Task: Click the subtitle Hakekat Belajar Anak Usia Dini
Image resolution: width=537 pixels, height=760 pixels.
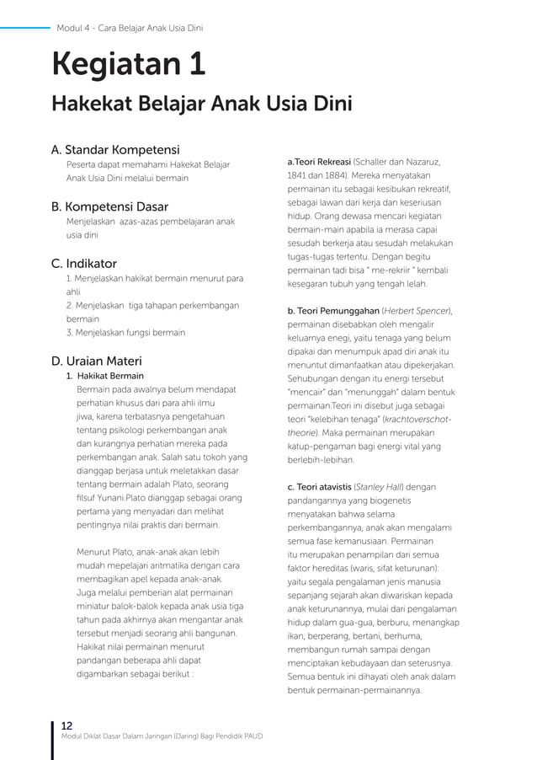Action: (201, 104)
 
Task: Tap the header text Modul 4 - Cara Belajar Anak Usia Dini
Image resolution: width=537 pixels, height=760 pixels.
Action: (130, 28)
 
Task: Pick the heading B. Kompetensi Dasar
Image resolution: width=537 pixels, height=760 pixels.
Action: (109, 206)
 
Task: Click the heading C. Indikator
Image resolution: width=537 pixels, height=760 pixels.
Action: (84, 264)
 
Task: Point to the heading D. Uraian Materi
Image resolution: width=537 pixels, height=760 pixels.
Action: (97, 361)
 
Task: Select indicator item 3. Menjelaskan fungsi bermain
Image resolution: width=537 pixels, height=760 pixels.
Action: (125, 333)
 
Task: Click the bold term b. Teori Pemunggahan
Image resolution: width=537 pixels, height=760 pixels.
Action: (333, 311)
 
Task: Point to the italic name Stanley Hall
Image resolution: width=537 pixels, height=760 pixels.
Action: (378, 487)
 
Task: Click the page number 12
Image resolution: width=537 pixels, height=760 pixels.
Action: (66, 725)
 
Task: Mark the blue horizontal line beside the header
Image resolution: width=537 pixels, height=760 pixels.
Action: (25, 28)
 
